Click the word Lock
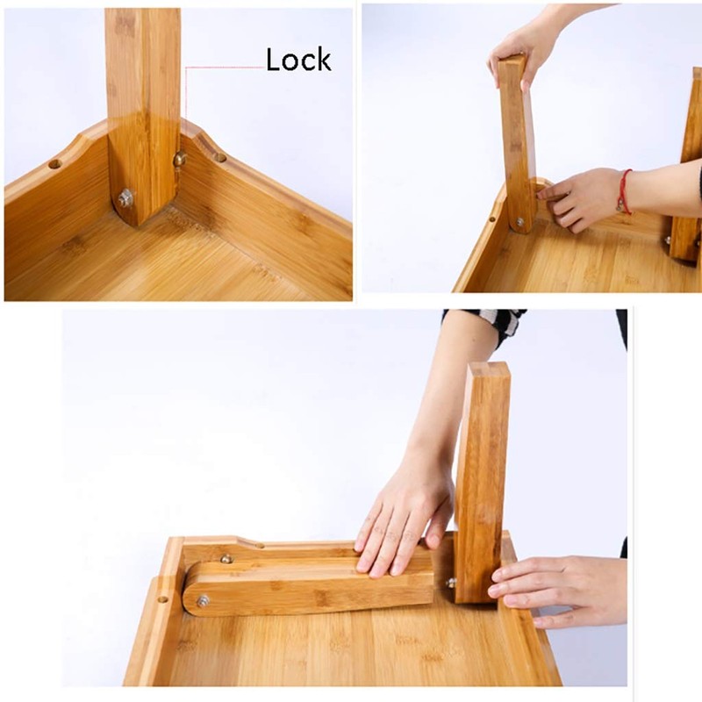298,60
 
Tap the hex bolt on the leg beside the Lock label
125,197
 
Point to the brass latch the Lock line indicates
180,159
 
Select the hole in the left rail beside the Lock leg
54,163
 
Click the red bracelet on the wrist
624,191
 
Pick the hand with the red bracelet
579,197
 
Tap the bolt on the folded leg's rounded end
203,600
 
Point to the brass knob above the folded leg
226,558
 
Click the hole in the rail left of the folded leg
162,601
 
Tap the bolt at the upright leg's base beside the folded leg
451,582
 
